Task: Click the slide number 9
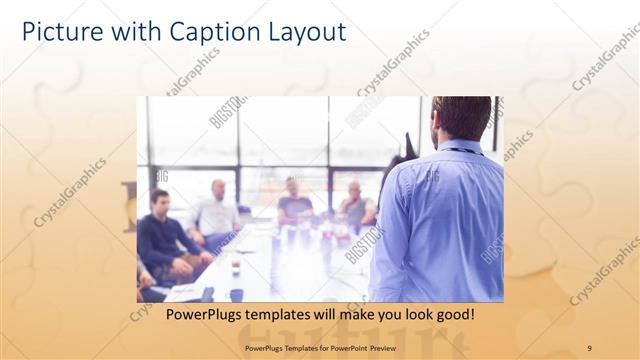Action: pos(589,348)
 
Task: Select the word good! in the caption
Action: pos(452,314)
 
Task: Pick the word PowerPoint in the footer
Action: pos(348,348)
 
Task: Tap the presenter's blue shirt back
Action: pos(437,220)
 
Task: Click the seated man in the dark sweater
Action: pos(161,235)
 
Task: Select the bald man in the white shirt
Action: pos(217,210)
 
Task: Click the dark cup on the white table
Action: pos(235,267)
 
